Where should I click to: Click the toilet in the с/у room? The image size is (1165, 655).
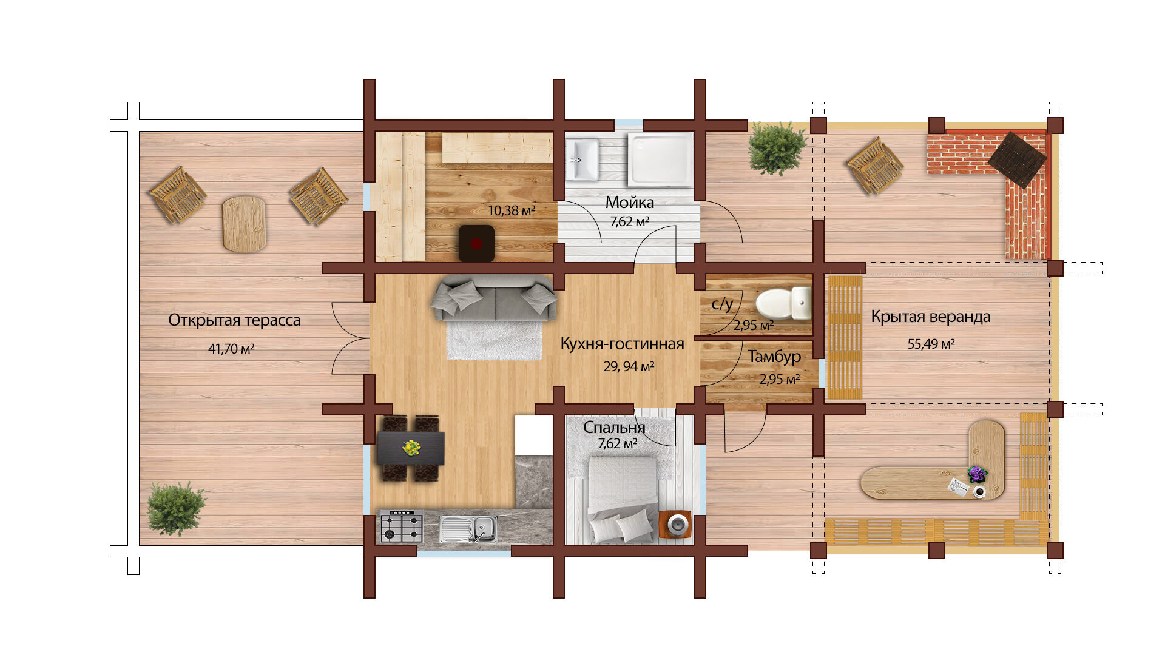[x=783, y=303]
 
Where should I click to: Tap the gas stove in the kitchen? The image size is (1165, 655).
[x=401, y=526]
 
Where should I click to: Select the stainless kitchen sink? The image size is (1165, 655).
[x=468, y=529]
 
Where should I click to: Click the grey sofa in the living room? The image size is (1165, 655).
[x=494, y=297]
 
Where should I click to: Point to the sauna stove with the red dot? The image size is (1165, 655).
[x=476, y=243]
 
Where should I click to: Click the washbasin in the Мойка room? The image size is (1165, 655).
[x=582, y=160]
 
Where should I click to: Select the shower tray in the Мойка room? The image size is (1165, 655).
[x=660, y=161]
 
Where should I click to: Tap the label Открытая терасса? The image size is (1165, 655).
[x=234, y=320]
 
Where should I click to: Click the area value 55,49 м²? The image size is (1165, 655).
[x=931, y=344]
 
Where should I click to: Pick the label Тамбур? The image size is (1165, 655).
[x=774, y=357]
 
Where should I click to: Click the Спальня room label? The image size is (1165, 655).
[x=614, y=428]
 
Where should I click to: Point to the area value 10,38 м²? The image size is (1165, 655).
[x=512, y=210]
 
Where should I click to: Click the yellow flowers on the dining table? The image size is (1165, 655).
[x=412, y=448]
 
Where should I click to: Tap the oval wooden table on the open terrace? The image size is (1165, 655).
[x=244, y=224]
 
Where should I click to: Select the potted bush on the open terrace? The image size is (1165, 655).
[x=176, y=508]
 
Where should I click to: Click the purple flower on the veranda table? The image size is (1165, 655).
[x=977, y=474]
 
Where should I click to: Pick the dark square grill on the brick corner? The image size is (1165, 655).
[x=1017, y=160]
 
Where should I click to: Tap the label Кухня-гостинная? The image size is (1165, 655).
[x=622, y=344]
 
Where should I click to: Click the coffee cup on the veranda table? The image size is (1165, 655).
[x=979, y=492]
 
